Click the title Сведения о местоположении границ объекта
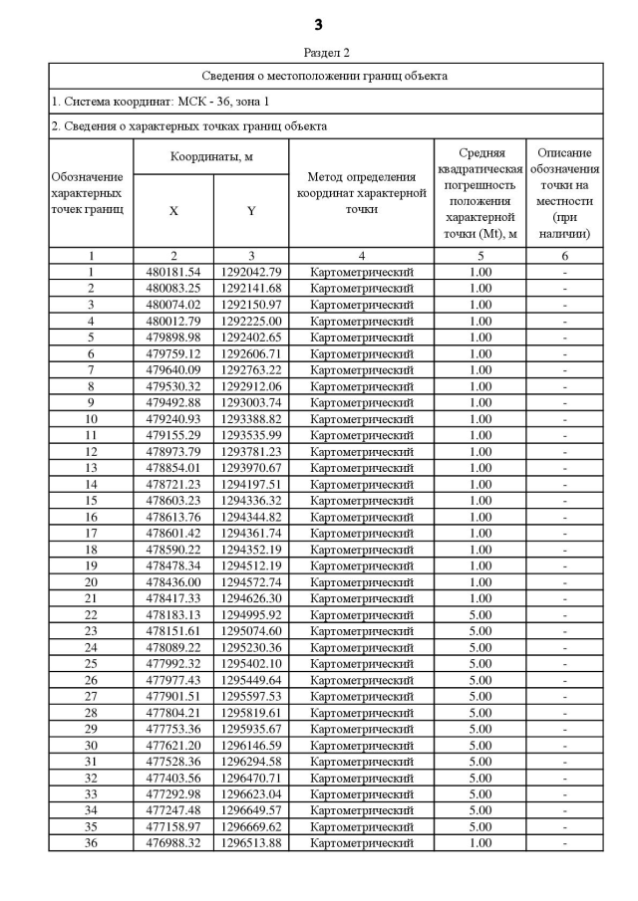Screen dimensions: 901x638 [x=326, y=76]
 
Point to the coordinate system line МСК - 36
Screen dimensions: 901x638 [x=159, y=102]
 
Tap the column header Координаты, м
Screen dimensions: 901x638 [x=210, y=157]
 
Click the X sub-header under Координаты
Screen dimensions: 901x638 [x=173, y=211]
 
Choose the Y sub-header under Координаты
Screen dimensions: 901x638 [x=251, y=211]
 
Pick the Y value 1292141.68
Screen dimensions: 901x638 [x=251, y=288]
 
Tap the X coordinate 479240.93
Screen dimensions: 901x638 [x=173, y=419]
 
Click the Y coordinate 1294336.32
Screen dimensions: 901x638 [x=251, y=501]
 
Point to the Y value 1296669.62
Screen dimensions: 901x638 [x=251, y=827]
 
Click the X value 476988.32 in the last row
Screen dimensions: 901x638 [x=173, y=843]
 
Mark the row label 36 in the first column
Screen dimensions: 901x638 [x=91, y=843]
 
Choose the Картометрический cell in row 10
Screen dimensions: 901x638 [x=361, y=419]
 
